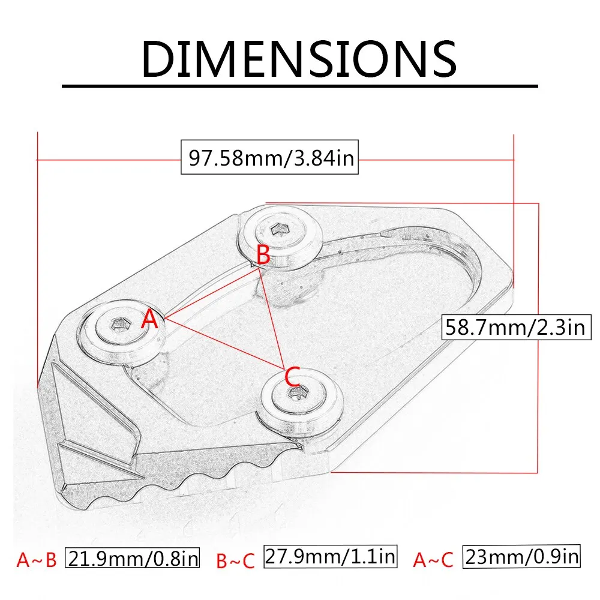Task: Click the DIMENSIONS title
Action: click(x=299, y=58)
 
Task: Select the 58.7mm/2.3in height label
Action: click(x=515, y=328)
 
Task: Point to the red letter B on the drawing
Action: click(x=263, y=254)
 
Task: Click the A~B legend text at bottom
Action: click(x=36, y=560)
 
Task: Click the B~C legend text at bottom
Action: click(x=235, y=560)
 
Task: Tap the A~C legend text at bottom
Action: click(x=433, y=560)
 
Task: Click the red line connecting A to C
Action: click(x=222, y=343)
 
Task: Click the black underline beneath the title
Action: click(x=299, y=87)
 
